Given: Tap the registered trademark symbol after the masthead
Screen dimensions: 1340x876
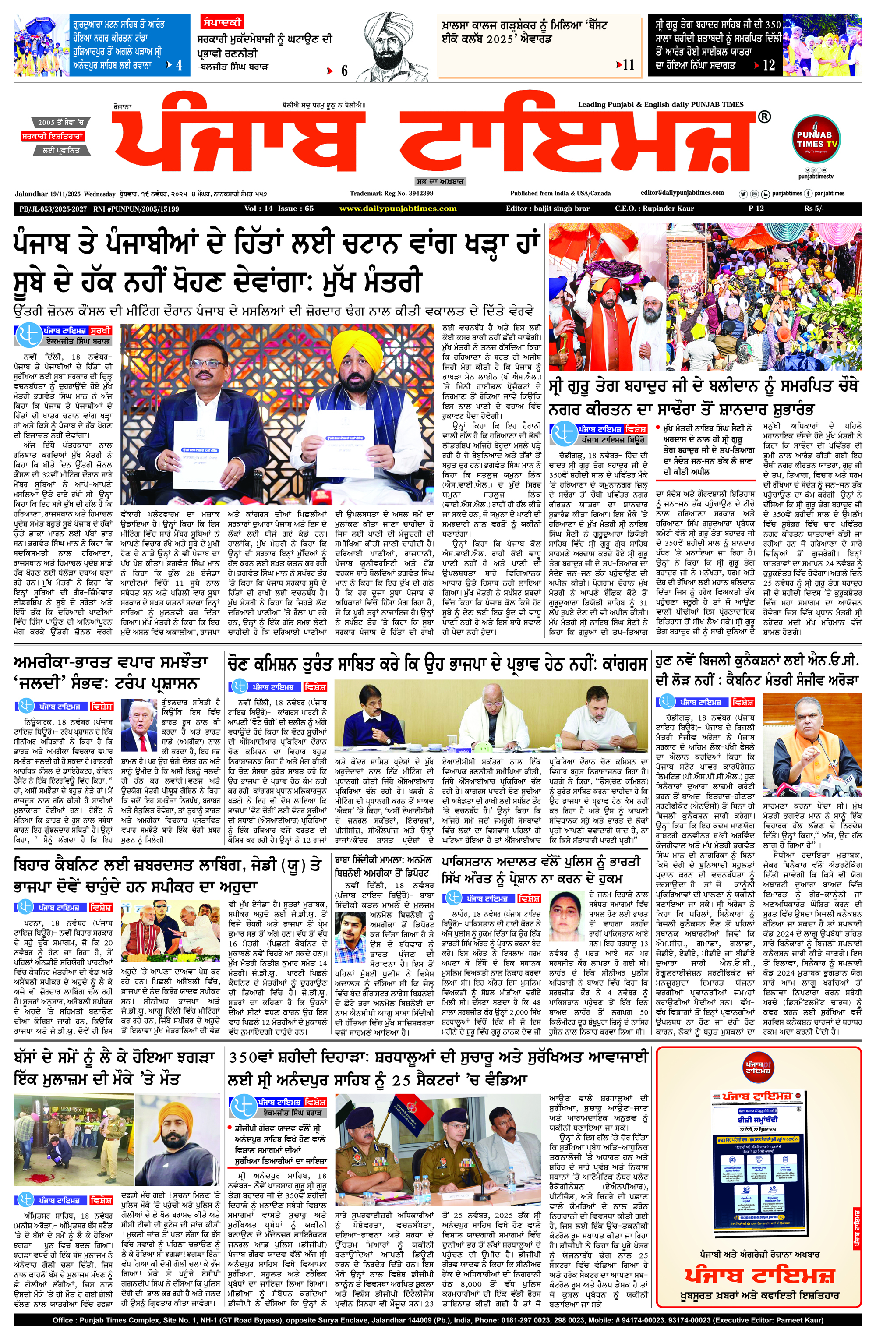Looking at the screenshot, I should (764, 117).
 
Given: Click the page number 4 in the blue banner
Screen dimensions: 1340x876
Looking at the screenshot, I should (179, 65).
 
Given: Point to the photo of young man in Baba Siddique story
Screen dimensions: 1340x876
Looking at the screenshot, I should (350, 932).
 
